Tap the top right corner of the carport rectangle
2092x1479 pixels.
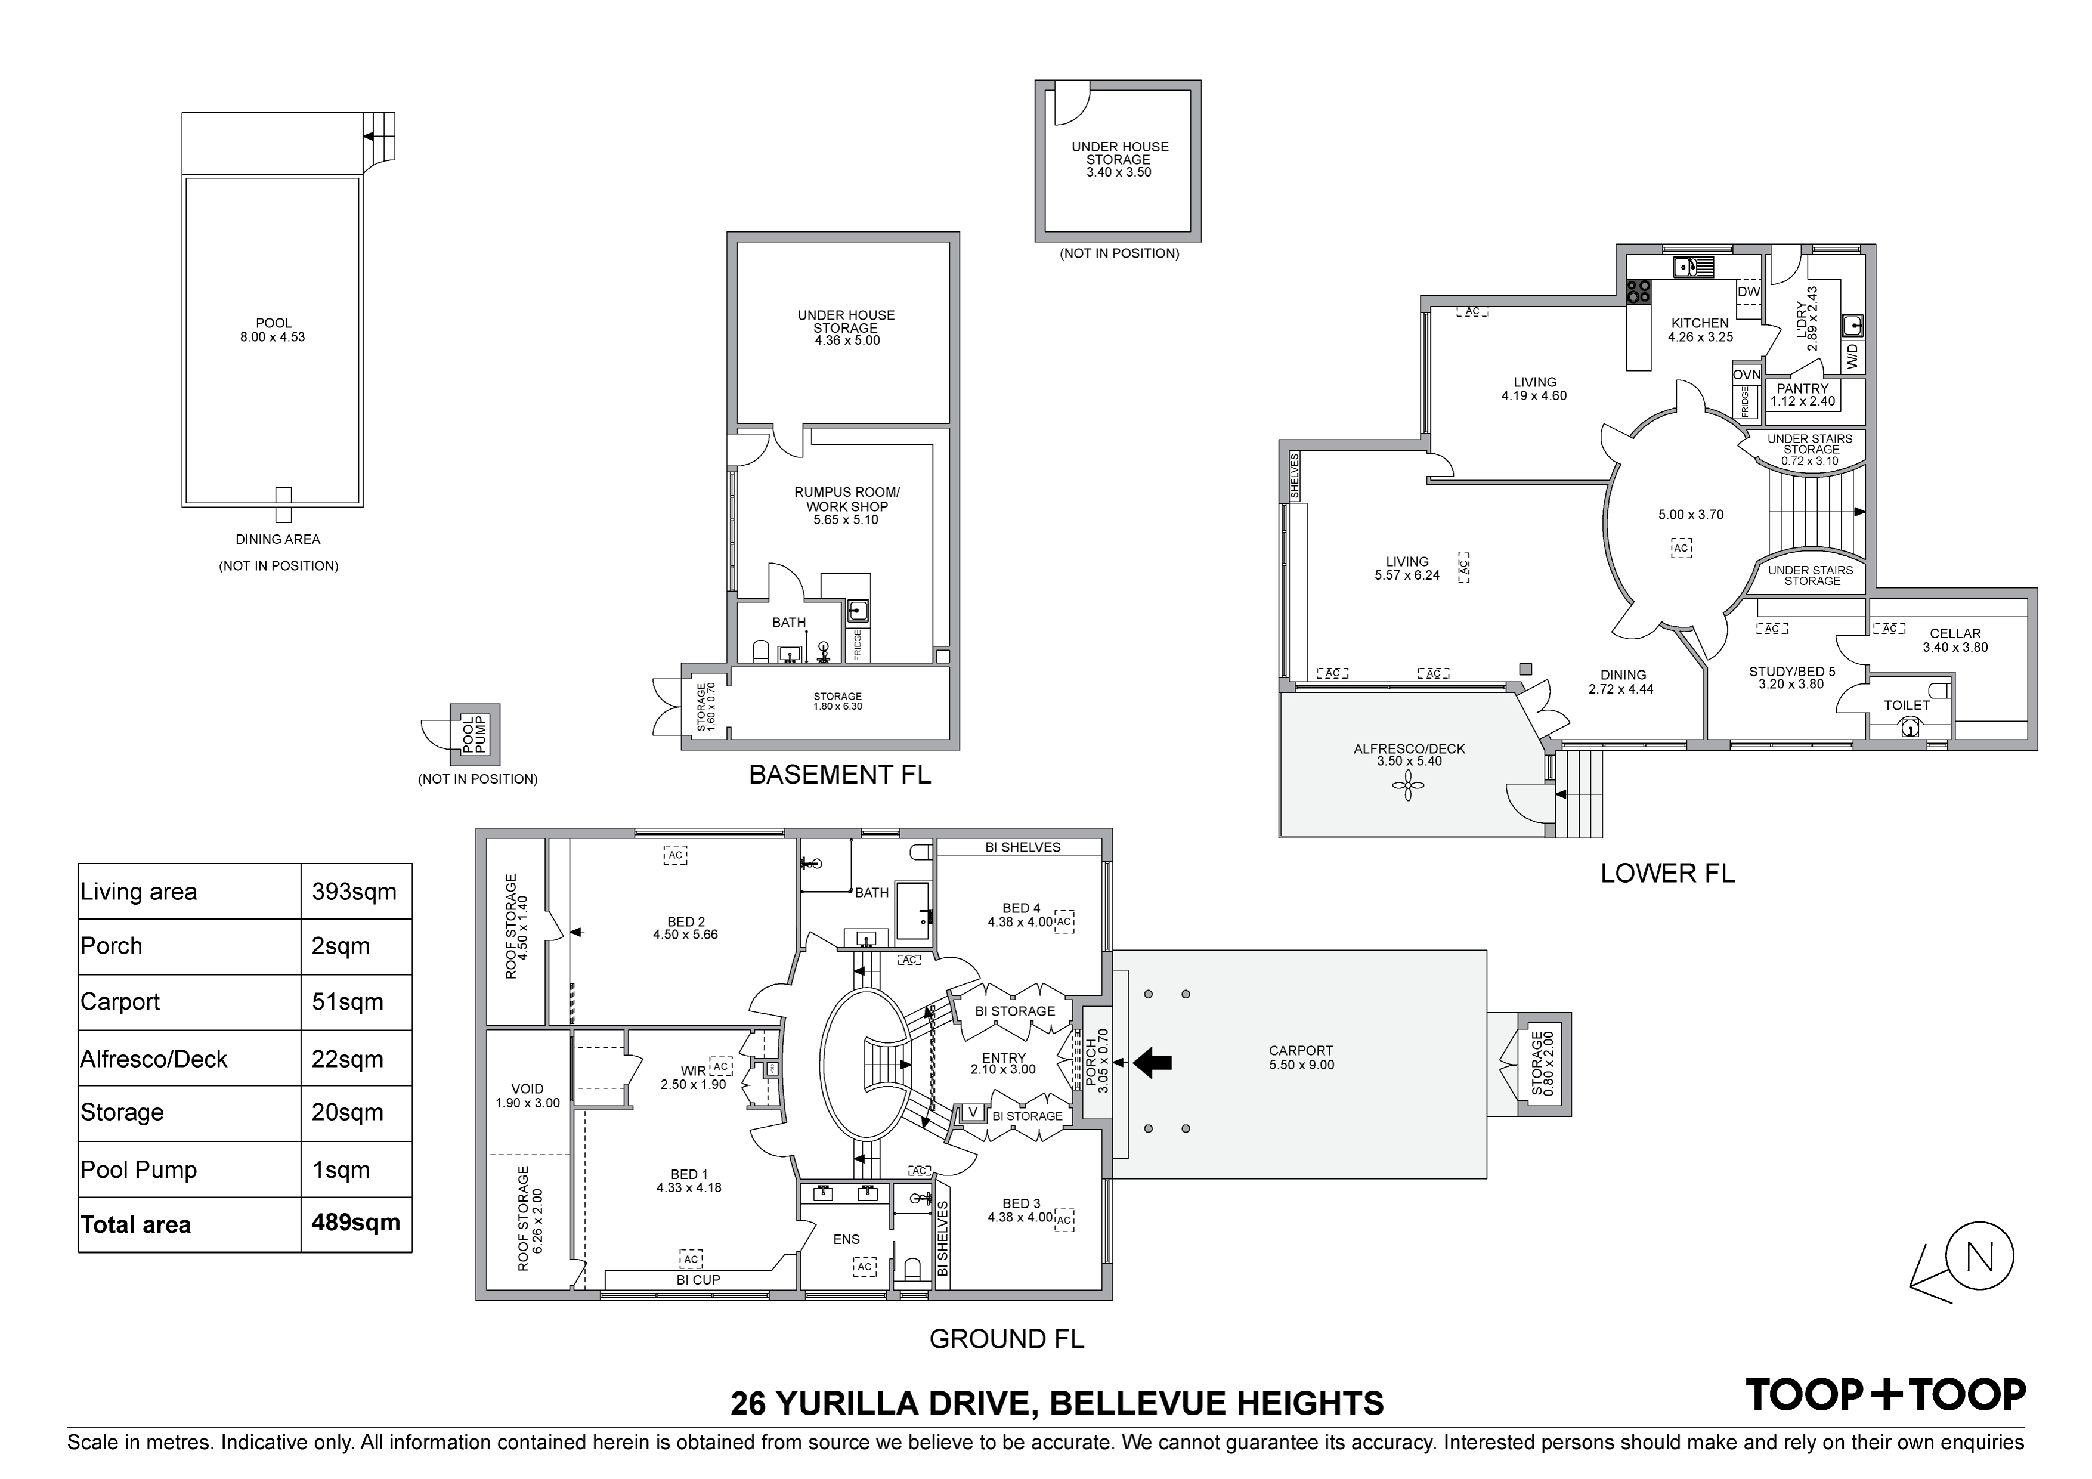tap(1487, 951)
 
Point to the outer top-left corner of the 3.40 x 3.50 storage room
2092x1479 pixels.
tap(1035, 80)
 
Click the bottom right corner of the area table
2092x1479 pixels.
tap(412, 1252)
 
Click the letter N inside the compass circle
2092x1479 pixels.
tap(1981, 1257)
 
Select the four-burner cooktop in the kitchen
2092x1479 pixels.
tap(1638, 290)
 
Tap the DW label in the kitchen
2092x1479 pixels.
tap(1749, 292)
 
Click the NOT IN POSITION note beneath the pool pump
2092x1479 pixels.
tap(478, 779)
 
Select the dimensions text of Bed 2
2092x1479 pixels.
tap(685, 934)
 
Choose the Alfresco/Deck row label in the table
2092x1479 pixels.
tap(153, 1059)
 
